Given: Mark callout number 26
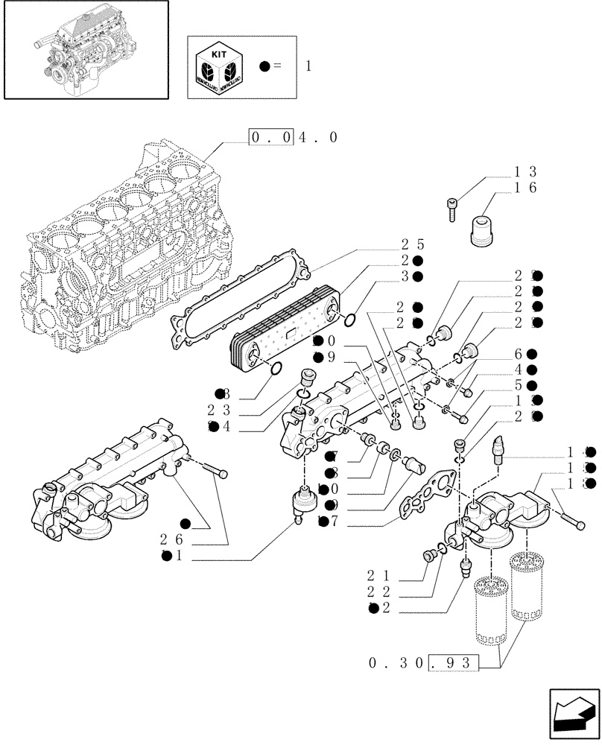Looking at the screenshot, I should (x=172, y=539).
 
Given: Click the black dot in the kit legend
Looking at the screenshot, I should (x=264, y=66).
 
